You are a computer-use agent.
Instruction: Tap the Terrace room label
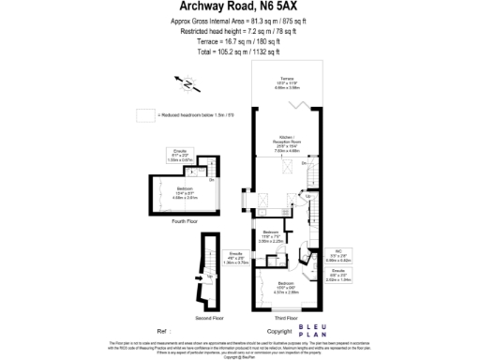pyautogui.click(x=286, y=82)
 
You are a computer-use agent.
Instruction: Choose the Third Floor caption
pyautogui.click(x=288, y=318)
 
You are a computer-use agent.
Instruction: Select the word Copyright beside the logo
pyautogui.click(x=278, y=332)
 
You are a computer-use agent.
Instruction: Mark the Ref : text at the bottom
pyautogui.click(x=165, y=332)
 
